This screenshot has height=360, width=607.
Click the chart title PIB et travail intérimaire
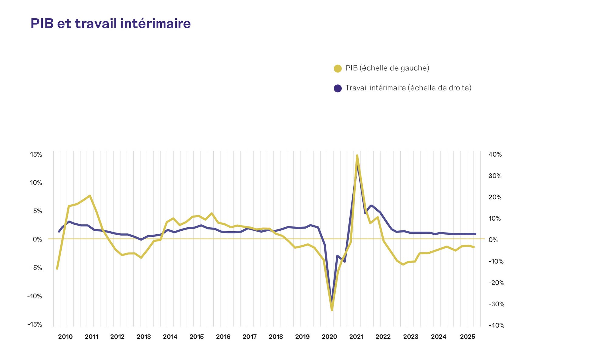click(x=110, y=23)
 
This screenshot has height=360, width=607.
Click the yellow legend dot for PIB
click(x=338, y=69)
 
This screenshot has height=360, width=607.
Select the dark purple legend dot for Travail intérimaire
click(x=338, y=88)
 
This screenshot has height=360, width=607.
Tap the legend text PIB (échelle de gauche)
click(x=387, y=68)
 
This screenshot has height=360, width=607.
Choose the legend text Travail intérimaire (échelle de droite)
click(x=409, y=88)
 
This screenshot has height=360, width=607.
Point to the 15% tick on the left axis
click(x=36, y=155)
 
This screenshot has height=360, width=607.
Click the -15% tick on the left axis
click(x=35, y=324)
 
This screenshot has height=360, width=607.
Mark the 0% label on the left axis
click(x=38, y=239)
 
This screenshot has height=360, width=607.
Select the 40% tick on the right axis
click(x=495, y=155)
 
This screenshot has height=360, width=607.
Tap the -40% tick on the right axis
click(x=496, y=325)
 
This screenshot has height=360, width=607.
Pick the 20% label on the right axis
click(x=495, y=197)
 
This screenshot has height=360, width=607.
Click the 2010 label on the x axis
click(x=65, y=337)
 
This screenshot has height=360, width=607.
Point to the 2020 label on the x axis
click(x=329, y=337)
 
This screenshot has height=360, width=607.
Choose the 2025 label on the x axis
click(x=468, y=337)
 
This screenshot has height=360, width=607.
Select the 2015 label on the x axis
click(x=197, y=337)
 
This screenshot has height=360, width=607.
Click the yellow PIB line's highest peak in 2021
click(x=357, y=155)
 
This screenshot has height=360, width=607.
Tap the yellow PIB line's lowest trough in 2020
click(x=332, y=310)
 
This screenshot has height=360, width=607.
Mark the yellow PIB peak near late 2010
click(x=90, y=196)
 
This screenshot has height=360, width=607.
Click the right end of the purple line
click(x=475, y=234)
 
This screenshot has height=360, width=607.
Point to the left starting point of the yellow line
click(x=57, y=268)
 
